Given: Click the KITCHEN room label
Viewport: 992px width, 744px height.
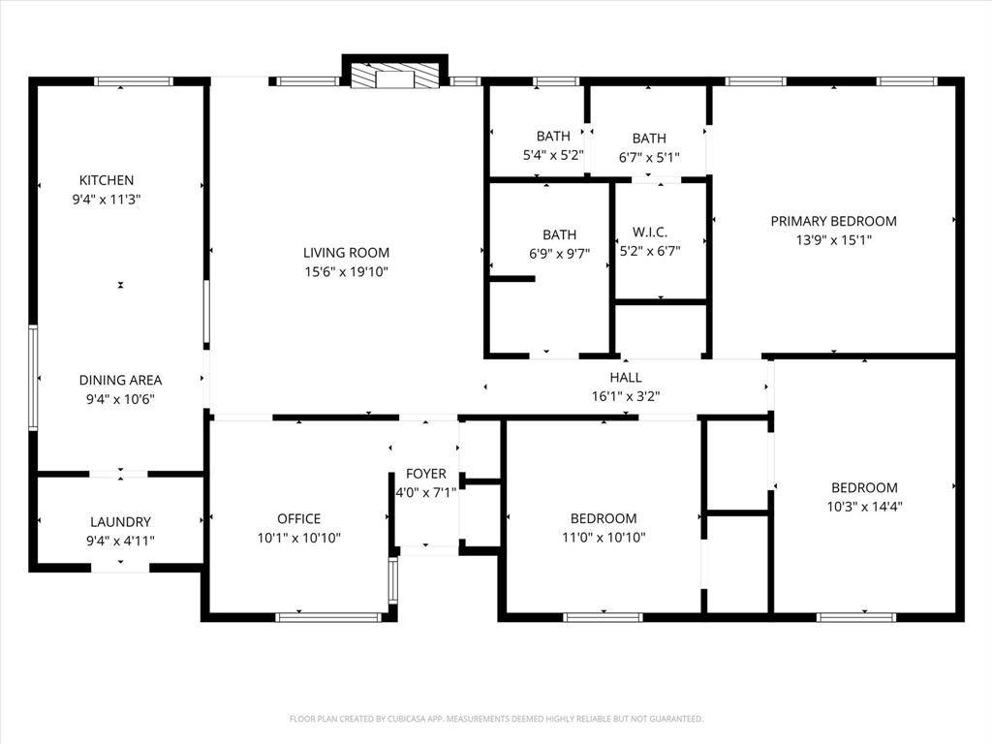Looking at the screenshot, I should [107, 180].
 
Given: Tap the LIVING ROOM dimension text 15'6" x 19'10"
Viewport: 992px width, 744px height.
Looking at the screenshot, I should [346, 272].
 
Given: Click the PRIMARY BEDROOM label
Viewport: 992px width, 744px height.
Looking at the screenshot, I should [833, 221].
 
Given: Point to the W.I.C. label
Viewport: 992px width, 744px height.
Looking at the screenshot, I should [649, 233].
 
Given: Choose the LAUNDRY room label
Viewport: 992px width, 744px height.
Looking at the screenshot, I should [120, 522].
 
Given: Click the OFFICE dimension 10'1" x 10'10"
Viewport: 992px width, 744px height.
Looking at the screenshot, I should [298, 538].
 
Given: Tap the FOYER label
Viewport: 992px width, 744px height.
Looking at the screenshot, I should [426, 474].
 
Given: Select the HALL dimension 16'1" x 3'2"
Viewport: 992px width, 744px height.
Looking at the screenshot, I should [625, 395].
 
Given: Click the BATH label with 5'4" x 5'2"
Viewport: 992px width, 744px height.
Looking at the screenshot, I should [553, 137].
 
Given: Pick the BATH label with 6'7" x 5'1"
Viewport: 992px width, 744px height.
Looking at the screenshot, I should [649, 139].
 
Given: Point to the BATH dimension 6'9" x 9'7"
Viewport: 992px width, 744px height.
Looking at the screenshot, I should [559, 253].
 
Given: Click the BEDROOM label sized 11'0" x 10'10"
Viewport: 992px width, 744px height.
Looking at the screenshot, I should [604, 518].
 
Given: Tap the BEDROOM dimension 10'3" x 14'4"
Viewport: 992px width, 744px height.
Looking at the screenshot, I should [864, 506].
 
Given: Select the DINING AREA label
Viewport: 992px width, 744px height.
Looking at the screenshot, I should [120, 381].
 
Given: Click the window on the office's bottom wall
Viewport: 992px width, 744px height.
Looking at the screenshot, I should [329, 616].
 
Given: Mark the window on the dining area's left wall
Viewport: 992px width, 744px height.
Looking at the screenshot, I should [33, 378].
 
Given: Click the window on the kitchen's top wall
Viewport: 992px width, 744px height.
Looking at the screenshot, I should [134, 81].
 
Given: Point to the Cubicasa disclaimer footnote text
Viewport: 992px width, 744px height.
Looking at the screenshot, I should [496, 719].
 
